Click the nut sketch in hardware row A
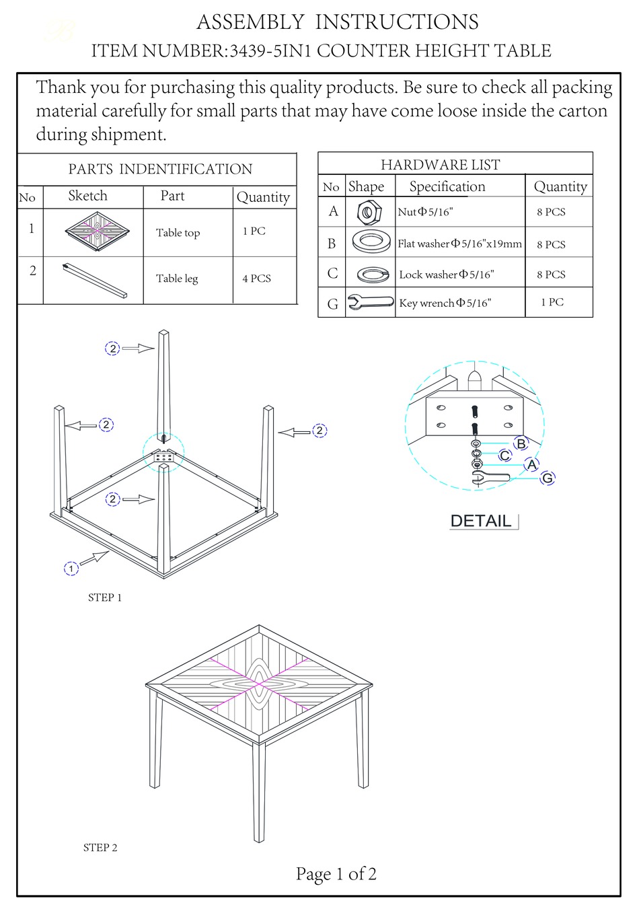click(x=369, y=213)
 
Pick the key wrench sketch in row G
click(x=370, y=303)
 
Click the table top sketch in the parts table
click(x=97, y=231)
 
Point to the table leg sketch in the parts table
click(x=94, y=280)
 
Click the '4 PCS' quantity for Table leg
click(x=256, y=279)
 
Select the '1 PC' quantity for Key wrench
click(x=552, y=302)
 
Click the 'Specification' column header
click(x=447, y=186)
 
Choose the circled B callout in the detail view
click(x=521, y=443)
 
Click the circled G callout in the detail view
click(x=548, y=478)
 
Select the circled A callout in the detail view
click(x=532, y=464)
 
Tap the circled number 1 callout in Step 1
click(x=71, y=569)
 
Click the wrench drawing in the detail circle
click(x=490, y=478)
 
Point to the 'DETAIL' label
click(x=481, y=521)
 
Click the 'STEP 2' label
click(x=100, y=848)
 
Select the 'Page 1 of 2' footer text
click(x=336, y=874)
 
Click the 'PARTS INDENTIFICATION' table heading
click(x=160, y=169)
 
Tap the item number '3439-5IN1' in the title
click(x=271, y=51)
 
